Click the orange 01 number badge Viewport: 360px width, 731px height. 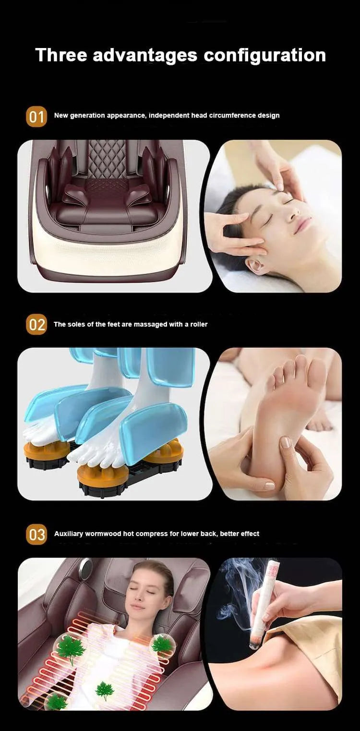click(36, 117)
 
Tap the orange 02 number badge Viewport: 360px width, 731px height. click(36, 325)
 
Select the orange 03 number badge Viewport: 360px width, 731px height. click(36, 535)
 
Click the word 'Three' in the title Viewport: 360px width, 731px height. click(60, 55)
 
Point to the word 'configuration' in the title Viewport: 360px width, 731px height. click(265, 55)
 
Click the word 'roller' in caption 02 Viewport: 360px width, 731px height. click(199, 325)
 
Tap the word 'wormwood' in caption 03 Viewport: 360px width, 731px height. click(103, 534)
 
